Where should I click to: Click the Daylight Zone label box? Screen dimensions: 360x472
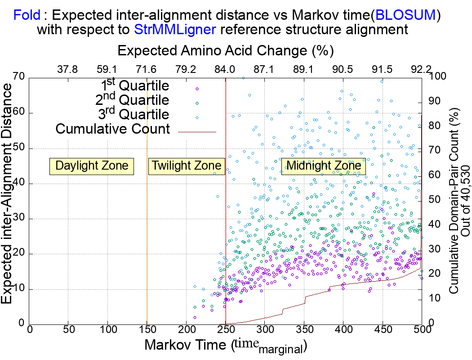coord(92,166)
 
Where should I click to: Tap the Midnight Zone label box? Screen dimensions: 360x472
coord(324,166)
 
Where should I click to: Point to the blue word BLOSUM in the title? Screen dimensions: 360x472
coord(405,15)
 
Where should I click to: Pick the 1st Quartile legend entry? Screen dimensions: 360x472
coord(135,86)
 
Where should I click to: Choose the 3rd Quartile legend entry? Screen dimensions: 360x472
coord(135,114)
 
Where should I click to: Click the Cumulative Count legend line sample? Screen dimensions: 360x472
coord(197,132)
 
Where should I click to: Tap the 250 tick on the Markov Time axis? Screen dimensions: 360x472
coord(226,329)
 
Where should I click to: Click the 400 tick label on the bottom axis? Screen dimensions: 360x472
coord(343,329)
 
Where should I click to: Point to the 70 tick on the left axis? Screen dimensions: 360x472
coord(18,77)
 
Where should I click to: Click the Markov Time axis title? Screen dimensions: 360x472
coord(225,346)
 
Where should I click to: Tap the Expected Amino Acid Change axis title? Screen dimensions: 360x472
coord(225,50)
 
